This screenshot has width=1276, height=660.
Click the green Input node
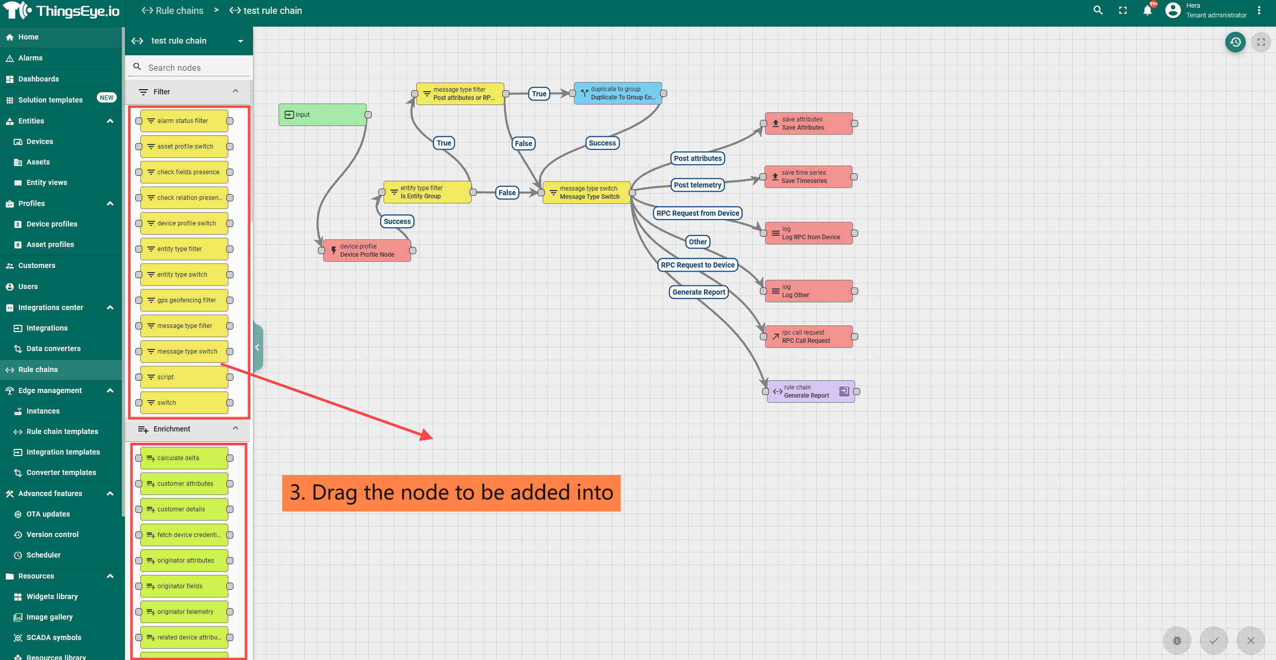coord(323,115)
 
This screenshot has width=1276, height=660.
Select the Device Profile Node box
coord(367,251)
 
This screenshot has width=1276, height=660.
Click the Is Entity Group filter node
coord(427,192)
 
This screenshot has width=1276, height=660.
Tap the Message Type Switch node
coord(586,193)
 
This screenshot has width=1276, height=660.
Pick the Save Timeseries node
coord(808,177)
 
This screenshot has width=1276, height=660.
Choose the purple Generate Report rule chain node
coord(810,391)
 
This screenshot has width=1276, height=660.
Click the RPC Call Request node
coord(809,337)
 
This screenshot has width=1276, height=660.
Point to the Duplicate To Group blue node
coord(618,93)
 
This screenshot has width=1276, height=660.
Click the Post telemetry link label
coord(697,185)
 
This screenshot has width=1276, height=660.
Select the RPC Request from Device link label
coord(697,213)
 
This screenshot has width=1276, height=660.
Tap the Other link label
coord(697,242)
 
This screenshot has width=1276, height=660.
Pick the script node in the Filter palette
coord(184,377)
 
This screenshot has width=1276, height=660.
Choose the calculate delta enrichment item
coord(184,458)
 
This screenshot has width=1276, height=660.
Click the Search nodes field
coord(195,68)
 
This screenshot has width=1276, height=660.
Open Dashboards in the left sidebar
coord(38,79)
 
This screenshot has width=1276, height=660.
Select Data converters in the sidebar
coord(53,348)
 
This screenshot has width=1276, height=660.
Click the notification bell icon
coord(1147,11)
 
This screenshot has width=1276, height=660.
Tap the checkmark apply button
coord(1214,641)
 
